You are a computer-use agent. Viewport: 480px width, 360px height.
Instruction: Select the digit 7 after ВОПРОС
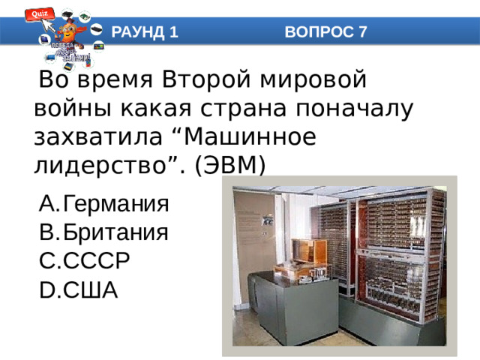coord(362,31)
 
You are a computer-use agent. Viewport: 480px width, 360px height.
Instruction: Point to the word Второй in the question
coord(211,79)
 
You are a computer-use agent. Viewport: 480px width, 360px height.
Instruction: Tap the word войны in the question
coord(70,108)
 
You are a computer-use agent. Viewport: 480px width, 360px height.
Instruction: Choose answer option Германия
coord(115,204)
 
